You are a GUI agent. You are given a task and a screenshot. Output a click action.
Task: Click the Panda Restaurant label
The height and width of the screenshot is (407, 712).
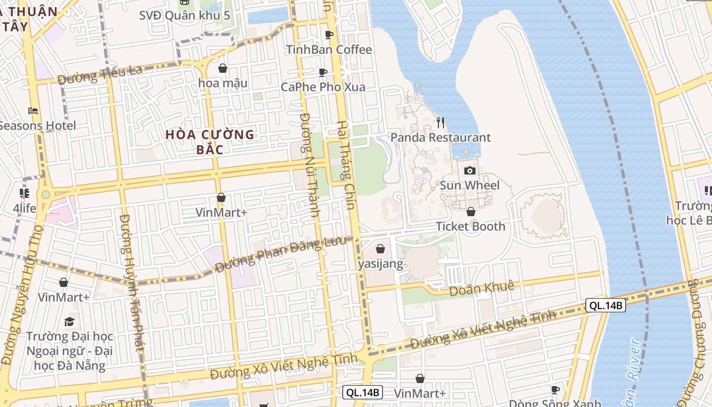440,137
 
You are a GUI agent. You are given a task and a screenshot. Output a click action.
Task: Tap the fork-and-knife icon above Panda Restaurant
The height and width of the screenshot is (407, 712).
440,123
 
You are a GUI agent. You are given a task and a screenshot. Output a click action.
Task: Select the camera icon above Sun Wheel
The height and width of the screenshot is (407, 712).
470,170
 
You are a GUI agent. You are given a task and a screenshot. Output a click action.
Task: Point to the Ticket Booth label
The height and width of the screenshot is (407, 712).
470,226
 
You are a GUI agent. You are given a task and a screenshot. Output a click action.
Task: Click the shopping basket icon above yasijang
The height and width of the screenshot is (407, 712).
380,249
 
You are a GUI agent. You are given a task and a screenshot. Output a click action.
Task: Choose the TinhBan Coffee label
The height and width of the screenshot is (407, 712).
329,50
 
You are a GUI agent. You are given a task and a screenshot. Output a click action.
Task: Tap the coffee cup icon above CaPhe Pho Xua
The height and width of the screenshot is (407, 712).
323,73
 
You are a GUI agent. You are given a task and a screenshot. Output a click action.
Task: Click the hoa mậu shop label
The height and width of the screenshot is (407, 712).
223,83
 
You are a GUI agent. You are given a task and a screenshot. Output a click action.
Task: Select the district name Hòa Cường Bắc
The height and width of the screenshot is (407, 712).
210,142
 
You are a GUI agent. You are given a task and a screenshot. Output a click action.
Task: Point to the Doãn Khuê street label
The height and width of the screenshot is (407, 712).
482,289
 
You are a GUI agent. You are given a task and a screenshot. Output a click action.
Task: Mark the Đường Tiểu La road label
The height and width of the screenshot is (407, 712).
100,75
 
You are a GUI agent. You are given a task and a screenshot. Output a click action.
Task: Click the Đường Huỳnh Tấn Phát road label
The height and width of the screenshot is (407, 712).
131,282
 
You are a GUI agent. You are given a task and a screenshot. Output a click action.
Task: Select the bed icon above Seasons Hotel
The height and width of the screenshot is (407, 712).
33,110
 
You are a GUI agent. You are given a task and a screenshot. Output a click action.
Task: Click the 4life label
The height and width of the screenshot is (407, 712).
24,208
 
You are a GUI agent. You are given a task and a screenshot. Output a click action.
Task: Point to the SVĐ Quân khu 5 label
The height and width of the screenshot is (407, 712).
185,15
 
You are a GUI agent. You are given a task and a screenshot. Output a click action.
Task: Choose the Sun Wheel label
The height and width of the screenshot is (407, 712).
469,185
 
